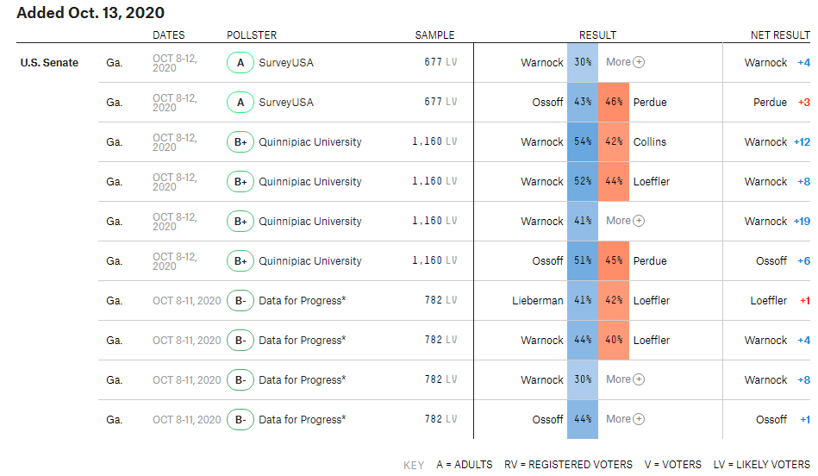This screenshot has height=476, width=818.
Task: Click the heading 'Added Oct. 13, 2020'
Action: (x=91, y=13)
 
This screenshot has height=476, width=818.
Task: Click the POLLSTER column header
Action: (x=252, y=35)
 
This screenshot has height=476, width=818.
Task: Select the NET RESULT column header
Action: (x=780, y=35)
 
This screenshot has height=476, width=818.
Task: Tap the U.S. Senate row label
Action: (x=49, y=63)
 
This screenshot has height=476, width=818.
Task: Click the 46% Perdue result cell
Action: (x=614, y=103)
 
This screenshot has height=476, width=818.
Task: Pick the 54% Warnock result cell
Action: (x=583, y=142)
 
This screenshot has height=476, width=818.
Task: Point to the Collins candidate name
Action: (x=650, y=142)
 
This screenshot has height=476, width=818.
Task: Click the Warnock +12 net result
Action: (x=777, y=142)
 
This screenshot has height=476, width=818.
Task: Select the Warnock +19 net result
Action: (x=777, y=222)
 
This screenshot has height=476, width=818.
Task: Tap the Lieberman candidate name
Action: (x=537, y=301)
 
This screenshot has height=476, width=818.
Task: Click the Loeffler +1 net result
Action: (x=780, y=301)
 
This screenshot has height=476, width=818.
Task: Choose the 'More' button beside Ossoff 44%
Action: (x=625, y=419)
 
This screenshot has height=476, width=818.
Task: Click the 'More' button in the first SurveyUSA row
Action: (x=625, y=62)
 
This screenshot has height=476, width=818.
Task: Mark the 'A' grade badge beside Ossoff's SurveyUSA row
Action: (x=240, y=103)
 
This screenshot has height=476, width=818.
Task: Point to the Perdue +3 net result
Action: (x=782, y=103)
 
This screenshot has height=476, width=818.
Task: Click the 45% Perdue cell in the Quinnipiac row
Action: (x=614, y=261)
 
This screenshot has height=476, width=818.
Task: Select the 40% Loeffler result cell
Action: (x=614, y=341)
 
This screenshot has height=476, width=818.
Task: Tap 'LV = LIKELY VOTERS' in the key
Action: (x=762, y=465)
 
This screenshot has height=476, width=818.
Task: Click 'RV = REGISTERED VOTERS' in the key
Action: (x=568, y=465)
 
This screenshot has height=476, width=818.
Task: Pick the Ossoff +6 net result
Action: (x=783, y=261)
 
